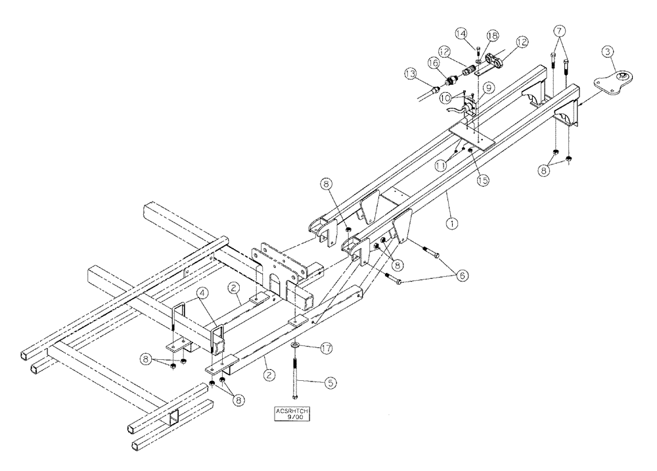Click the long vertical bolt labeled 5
295,376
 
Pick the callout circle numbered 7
559,30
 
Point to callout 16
433,62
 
